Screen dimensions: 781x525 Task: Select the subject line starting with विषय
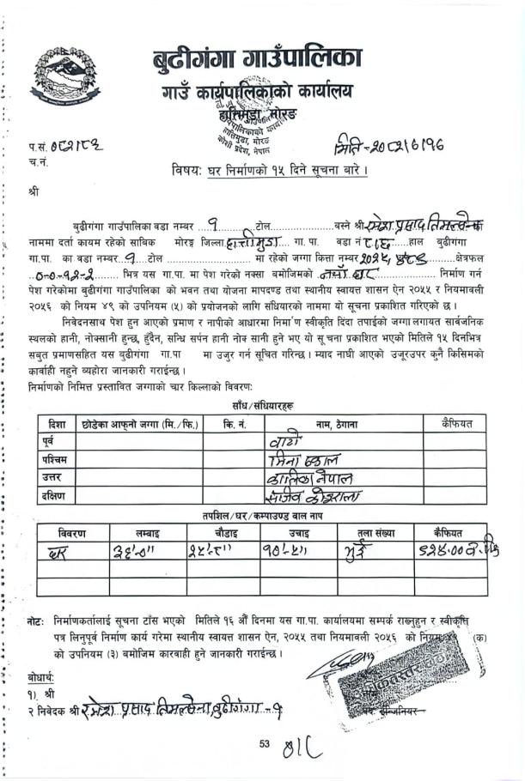pyautogui.click(x=271, y=170)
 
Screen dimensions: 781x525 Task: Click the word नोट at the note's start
pyautogui.click(x=36, y=618)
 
